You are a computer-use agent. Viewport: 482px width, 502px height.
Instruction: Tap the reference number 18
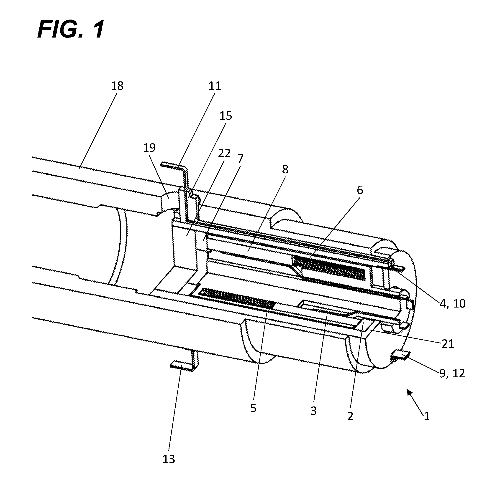tap(117, 86)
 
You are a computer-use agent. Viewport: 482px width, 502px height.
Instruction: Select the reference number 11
tap(215, 86)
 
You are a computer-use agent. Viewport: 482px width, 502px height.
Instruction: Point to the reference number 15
tap(226, 116)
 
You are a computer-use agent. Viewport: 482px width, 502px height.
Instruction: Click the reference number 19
tap(149, 148)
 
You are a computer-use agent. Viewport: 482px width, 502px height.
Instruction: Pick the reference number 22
tap(224, 153)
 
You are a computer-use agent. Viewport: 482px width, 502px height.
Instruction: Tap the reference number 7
tap(240, 159)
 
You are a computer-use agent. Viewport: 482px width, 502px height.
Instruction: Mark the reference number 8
tap(285, 169)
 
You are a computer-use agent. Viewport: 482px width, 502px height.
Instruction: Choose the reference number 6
tap(360, 190)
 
